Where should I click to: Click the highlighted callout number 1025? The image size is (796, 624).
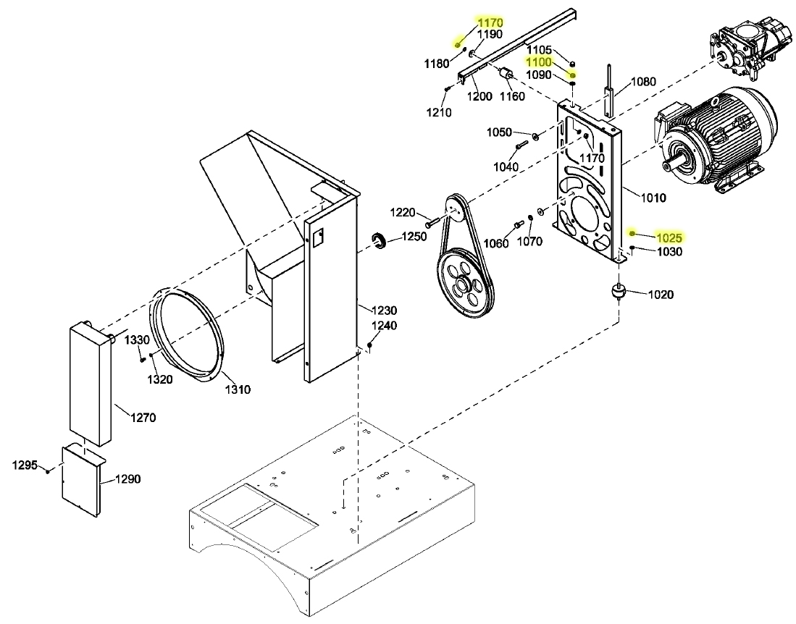pyautogui.click(x=669, y=237)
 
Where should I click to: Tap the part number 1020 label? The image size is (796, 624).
pyautogui.click(x=661, y=295)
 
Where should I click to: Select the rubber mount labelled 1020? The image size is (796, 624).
pyautogui.click(x=619, y=293)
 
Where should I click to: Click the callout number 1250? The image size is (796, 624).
pyautogui.click(x=414, y=237)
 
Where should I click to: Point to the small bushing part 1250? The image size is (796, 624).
pyautogui.click(x=377, y=241)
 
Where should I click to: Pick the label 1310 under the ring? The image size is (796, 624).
pyautogui.click(x=237, y=389)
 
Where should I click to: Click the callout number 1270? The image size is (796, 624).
pyautogui.click(x=143, y=417)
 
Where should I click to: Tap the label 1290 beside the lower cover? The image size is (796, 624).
pyautogui.click(x=127, y=478)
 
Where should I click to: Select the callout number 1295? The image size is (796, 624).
pyautogui.click(x=25, y=465)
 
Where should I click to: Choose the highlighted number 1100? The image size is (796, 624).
pyautogui.click(x=540, y=62)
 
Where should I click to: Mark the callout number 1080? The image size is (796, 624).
pyautogui.click(x=643, y=81)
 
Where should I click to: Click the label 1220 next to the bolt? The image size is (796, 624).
pyautogui.click(x=403, y=212)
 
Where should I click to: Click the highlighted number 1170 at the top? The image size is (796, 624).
pyautogui.click(x=490, y=23)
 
